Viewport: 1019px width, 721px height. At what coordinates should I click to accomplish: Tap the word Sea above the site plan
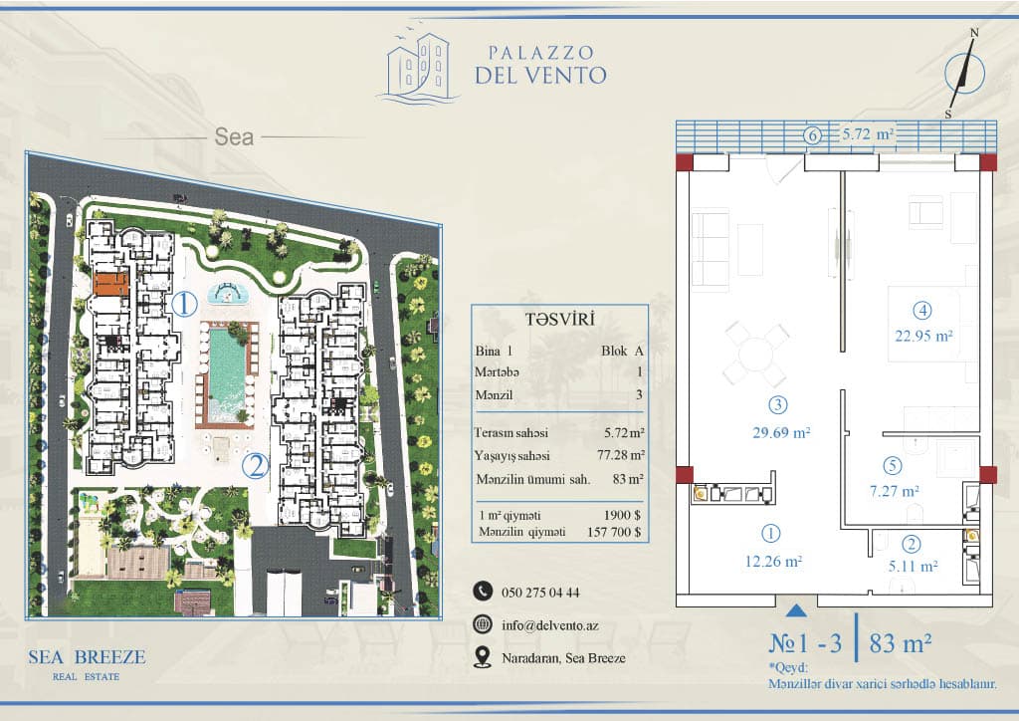click(x=234, y=137)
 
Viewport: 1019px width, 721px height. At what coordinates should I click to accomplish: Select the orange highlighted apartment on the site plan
click(x=111, y=284)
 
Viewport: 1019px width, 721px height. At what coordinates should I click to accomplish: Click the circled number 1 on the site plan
click(x=184, y=304)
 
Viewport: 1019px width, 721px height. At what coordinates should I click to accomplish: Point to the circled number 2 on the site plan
click(x=256, y=466)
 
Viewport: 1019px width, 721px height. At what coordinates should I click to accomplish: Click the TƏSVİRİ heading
click(x=560, y=320)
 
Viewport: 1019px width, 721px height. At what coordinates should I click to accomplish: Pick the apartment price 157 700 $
click(x=614, y=532)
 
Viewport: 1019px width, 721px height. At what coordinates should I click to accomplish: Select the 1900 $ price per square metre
click(x=623, y=515)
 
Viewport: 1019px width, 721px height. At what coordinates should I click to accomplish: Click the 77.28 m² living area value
click(x=621, y=455)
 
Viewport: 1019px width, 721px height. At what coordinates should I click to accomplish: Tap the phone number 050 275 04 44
click(x=540, y=593)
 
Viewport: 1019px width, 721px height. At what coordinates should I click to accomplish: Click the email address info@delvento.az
click(x=550, y=625)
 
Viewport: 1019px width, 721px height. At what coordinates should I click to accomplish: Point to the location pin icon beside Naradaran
click(x=483, y=657)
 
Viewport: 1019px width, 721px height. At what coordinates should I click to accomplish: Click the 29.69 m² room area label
click(x=781, y=432)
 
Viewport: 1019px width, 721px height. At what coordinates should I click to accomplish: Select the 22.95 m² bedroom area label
click(x=923, y=337)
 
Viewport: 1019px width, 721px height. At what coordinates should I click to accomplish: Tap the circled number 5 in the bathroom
click(x=893, y=465)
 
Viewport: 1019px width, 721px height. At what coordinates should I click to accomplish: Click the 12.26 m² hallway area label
click(x=773, y=561)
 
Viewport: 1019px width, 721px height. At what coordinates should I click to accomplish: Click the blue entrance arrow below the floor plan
click(x=796, y=611)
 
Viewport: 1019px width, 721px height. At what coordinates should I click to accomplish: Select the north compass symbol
click(x=963, y=73)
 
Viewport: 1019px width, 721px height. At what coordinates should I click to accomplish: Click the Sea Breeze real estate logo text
click(x=87, y=664)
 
